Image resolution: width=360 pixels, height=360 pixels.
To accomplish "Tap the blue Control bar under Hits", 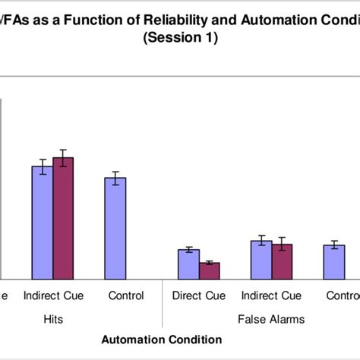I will tap(115, 228).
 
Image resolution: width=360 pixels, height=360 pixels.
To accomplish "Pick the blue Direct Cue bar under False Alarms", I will tap(188, 264).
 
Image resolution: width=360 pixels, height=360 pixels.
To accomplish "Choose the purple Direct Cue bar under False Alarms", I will tap(209, 270).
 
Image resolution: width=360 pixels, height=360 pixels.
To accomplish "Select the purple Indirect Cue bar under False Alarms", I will tap(282, 261).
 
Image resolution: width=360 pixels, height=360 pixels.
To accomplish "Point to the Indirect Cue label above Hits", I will tap(53, 295).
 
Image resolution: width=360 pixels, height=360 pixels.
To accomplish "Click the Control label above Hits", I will tap(126, 295).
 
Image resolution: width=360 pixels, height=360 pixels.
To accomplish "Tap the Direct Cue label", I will tap(199, 295).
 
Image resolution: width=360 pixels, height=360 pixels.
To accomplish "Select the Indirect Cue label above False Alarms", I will tap(271, 295).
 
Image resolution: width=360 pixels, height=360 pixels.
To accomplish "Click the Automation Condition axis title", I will tap(162, 339).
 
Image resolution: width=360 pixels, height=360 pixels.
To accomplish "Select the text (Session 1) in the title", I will tap(180, 39).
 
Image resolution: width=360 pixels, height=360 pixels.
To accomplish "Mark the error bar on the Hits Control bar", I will tap(115, 178).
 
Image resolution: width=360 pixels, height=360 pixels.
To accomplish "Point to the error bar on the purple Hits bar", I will tap(63, 157).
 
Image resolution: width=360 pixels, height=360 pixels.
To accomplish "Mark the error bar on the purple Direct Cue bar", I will tap(209, 263).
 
